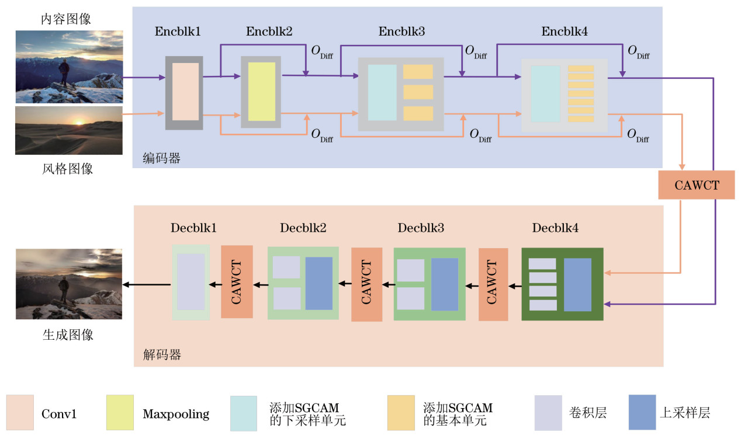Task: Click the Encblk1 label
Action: [x=178, y=32]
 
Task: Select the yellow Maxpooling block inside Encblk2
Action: [x=262, y=92]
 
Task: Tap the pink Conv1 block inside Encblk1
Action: [x=184, y=92]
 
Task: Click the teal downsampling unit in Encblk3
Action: [x=382, y=93]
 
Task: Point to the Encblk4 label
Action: [x=565, y=32]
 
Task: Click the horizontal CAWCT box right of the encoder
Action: [x=696, y=185]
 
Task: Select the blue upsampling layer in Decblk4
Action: [x=577, y=284]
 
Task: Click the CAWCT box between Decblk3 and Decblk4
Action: [x=493, y=284]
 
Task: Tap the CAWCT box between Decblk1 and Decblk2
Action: [x=237, y=281]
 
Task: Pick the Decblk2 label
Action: [x=303, y=228]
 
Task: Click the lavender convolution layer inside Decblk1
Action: [x=191, y=281]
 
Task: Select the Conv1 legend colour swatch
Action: [x=20, y=413]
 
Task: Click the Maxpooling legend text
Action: [x=176, y=414]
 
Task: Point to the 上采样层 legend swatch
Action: [x=642, y=413]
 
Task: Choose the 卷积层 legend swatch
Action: [x=548, y=413]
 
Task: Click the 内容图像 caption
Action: [x=66, y=19]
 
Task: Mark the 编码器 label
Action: [x=162, y=158]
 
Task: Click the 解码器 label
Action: [x=162, y=354]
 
